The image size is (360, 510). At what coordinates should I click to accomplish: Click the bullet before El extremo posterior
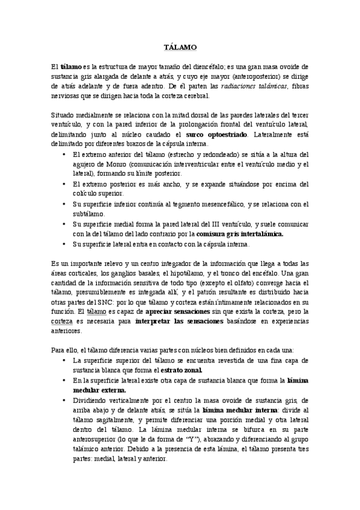pos(65,184)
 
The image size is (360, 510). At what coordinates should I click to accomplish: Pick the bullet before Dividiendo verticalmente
pos(65,400)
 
